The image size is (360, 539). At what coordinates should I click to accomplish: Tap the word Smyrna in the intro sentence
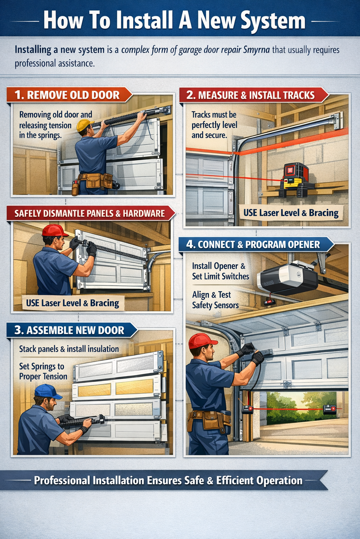(256, 49)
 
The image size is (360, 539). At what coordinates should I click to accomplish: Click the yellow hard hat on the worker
(84, 125)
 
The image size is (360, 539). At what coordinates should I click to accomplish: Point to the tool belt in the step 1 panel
(95, 181)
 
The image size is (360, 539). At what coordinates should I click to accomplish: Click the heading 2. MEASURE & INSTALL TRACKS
(250, 95)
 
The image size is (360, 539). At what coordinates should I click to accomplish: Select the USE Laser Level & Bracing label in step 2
(291, 213)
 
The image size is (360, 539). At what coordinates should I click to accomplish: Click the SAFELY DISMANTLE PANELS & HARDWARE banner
(90, 213)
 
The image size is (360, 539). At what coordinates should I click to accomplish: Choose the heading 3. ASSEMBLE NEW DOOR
(69, 330)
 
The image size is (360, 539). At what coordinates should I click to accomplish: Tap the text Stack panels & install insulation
(69, 349)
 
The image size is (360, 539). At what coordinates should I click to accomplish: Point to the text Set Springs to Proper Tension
(43, 371)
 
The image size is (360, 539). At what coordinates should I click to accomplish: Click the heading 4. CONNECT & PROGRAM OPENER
(253, 245)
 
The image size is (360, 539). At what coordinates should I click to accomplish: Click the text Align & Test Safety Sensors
(215, 300)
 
